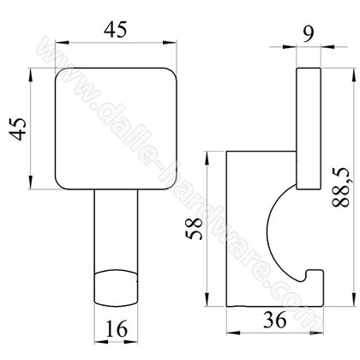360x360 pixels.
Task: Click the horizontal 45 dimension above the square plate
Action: click(x=115, y=30)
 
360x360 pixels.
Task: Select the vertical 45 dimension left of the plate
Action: click(x=18, y=129)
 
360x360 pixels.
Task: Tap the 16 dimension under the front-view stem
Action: click(x=117, y=328)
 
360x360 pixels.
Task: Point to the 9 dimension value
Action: click(x=308, y=33)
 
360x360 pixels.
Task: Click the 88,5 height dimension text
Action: click(x=341, y=187)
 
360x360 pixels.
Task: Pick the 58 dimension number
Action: click(x=194, y=228)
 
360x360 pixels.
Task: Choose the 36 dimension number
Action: click(x=275, y=320)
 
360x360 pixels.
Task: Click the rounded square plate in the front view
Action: click(x=116, y=129)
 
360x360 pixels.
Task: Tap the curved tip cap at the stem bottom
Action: click(x=116, y=288)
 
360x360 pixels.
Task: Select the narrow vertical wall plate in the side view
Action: click(x=309, y=129)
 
